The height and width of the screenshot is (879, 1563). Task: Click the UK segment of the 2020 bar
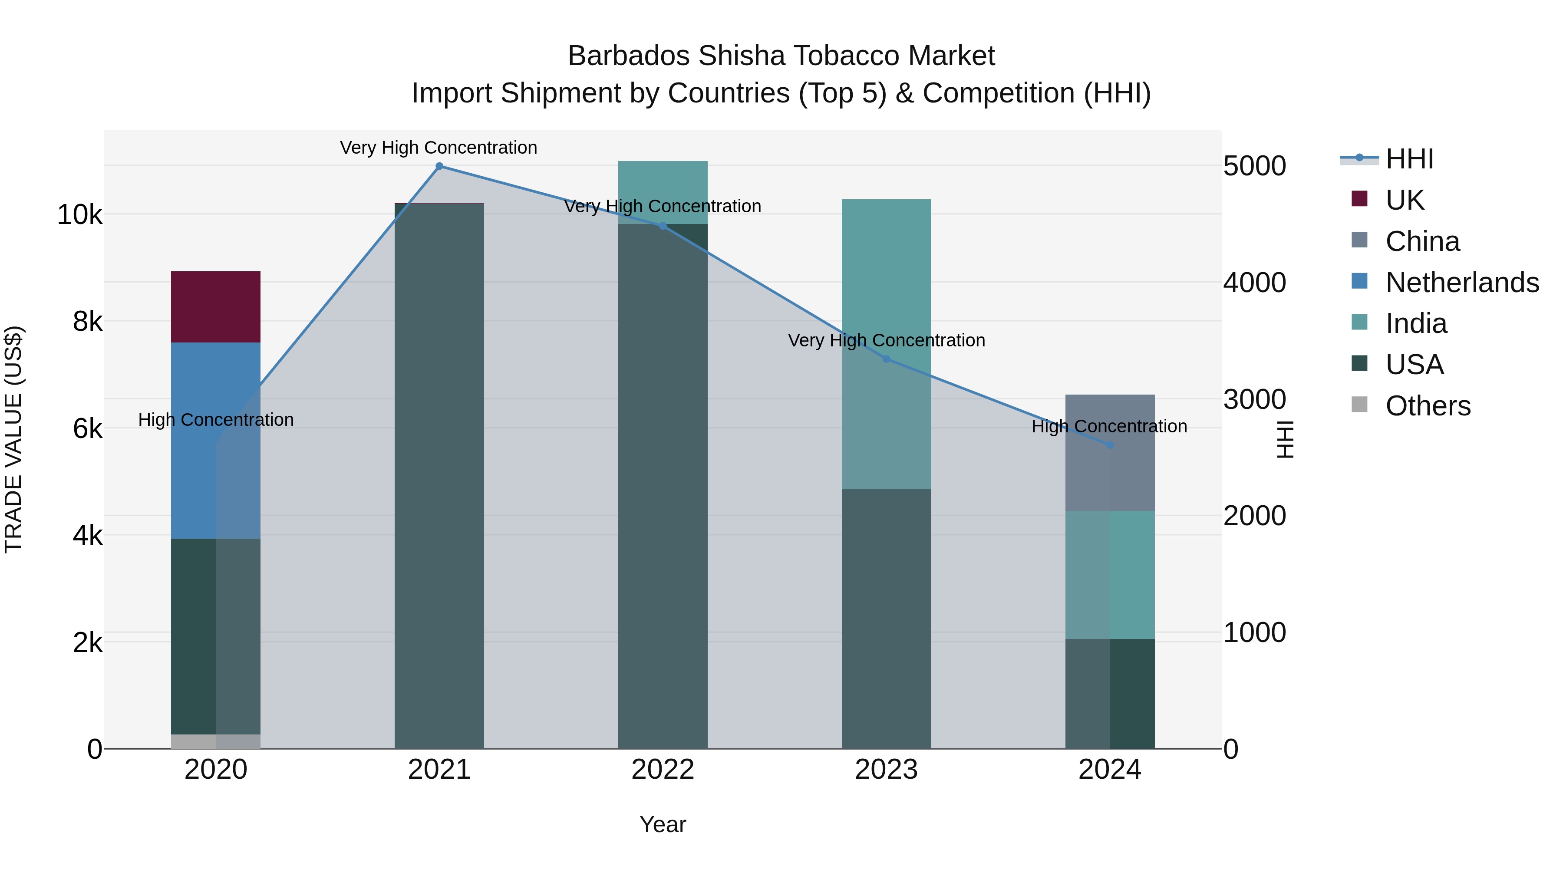tap(215, 306)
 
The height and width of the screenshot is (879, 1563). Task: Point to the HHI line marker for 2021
tap(439, 166)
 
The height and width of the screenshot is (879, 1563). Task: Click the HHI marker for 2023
tap(886, 359)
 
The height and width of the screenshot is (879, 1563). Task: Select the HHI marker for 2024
tap(1110, 444)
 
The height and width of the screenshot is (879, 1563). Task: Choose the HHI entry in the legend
tap(1409, 159)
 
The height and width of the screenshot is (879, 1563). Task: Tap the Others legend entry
tap(1427, 406)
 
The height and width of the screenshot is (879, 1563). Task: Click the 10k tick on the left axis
tap(79, 215)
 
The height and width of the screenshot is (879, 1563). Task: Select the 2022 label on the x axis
tap(663, 770)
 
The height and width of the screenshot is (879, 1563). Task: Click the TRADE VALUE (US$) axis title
tap(13, 439)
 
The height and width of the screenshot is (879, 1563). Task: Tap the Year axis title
tap(663, 824)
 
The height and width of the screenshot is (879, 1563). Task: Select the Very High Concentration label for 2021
tap(438, 148)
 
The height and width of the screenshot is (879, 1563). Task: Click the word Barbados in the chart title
tap(629, 56)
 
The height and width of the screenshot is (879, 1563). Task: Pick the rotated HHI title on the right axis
tap(1286, 439)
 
